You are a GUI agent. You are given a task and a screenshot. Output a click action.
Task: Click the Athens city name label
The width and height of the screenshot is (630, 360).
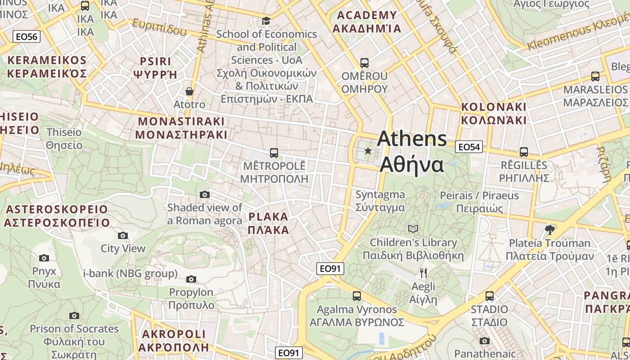click(x=412, y=152)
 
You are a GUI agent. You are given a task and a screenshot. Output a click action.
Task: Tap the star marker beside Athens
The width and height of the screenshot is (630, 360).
click(x=368, y=151)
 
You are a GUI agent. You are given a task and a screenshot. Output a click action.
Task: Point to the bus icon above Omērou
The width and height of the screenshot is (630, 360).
click(x=364, y=63)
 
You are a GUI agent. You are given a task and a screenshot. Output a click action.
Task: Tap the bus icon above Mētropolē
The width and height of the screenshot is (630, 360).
click(x=274, y=153)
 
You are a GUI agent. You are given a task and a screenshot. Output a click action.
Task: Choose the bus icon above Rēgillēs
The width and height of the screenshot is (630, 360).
click(x=523, y=152)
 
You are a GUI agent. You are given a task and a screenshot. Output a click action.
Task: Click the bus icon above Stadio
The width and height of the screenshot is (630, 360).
click(x=490, y=296)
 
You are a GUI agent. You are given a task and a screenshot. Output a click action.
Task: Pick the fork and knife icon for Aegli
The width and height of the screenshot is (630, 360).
click(x=423, y=273)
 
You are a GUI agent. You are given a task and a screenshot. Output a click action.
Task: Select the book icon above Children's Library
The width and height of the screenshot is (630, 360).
click(x=413, y=229)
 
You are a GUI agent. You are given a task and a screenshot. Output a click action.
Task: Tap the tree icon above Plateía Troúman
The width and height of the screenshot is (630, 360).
click(x=549, y=230)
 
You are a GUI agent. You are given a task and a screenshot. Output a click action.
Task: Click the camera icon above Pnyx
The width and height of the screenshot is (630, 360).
click(x=44, y=258)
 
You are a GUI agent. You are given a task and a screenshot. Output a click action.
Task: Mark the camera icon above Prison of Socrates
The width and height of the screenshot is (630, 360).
click(x=74, y=315)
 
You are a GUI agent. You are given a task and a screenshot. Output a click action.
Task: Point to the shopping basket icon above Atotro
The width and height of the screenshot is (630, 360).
click(x=189, y=91)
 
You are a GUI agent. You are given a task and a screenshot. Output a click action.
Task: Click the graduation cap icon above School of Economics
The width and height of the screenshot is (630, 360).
click(x=266, y=21)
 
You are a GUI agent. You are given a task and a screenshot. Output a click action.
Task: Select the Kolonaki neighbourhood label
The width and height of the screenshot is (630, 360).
click(x=494, y=113)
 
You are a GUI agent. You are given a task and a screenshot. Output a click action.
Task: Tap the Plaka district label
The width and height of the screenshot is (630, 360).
click(x=269, y=223)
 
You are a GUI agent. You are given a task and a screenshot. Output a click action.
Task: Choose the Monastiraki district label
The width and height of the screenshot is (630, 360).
click(x=181, y=128)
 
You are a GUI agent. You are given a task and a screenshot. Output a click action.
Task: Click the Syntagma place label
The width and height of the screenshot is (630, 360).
click(x=380, y=201)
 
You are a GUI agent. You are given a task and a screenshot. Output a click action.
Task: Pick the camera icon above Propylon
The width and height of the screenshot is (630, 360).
click(x=191, y=279)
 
